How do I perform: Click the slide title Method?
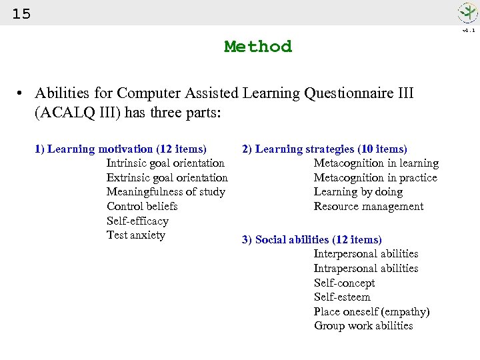(x=258, y=47)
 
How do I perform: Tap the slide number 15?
(x=21, y=13)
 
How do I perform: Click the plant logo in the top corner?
(x=467, y=13)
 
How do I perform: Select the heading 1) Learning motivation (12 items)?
(x=121, y=149)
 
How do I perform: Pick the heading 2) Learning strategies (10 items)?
(x=325, y=149)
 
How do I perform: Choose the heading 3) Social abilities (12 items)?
(x=312, y=239)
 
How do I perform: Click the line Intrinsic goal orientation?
(x=165, y=163)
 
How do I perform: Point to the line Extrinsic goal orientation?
(x=167, y=177)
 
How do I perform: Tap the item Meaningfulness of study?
(x=165, y=192)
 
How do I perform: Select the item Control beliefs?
(x=142, y=206)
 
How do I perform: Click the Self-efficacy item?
(x=137, y=221)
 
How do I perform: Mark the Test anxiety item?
(x=135, y=235)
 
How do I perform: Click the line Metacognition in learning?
(x=376, y=163)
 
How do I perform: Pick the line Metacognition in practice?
(x=375, y=177)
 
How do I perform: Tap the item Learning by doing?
(x=358, y=192)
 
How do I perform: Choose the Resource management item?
(x=369, y=206)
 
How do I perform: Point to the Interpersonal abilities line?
(x=366, y=253)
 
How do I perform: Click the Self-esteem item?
(x=342, y=297)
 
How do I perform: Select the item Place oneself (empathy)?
(x=371, y=311)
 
